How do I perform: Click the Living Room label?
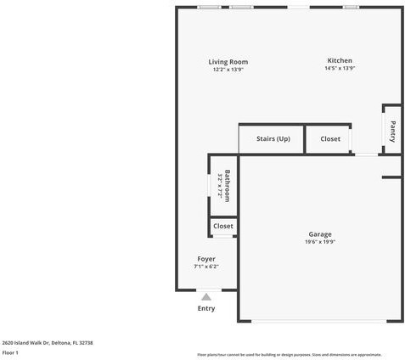click(228, 62)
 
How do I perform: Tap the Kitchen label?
click(340, 61)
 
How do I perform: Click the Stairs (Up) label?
click(273, 138)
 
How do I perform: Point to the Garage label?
click(320, 234)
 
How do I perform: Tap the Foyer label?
click(206, 259)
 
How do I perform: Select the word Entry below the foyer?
click(206, 308)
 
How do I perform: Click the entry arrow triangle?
click(206, 296)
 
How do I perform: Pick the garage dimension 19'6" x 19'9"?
click(320, 242)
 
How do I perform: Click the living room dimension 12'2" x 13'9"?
click(228, 70)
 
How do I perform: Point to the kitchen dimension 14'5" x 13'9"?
click(340, 69)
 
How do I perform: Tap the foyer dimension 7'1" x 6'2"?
click(206, 267)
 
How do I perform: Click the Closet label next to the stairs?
click(330, 138)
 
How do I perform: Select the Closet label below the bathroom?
click(223, 227)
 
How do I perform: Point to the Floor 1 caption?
click(11, 352)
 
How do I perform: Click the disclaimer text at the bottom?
click(289, 354)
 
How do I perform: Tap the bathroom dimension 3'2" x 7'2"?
click(219, 186)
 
